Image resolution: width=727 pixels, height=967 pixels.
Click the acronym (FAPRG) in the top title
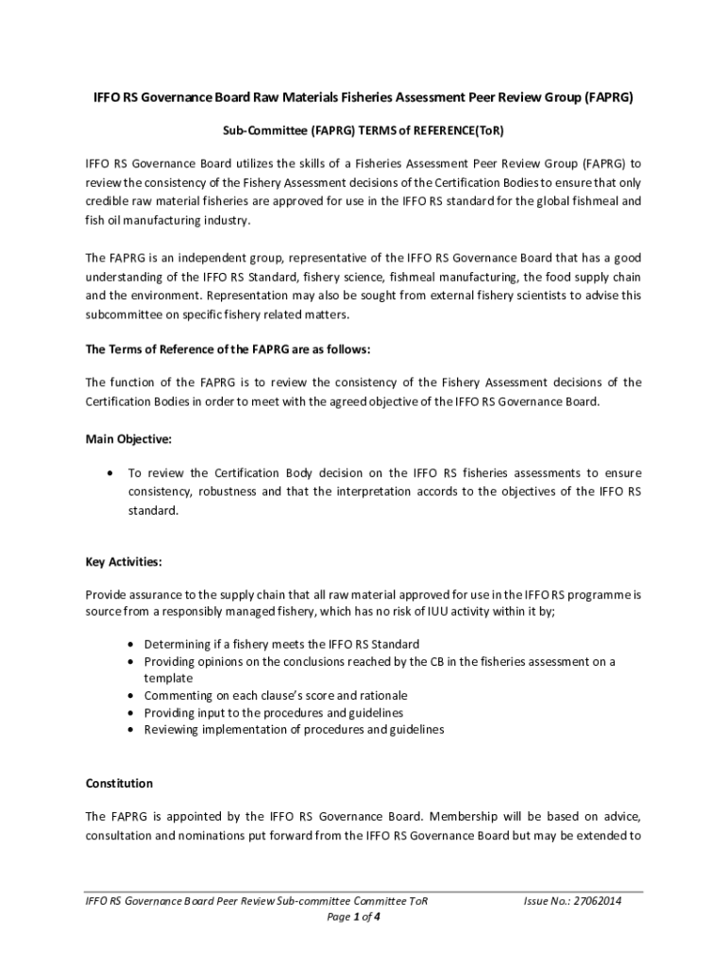click(x=606, y=98)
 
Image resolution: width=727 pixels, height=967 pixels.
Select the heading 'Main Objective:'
click(x=128, y=439)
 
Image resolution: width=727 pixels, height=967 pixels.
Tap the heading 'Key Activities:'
click(x=124, y=562)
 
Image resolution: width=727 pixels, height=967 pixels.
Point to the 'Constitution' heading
click(x=119, y=784)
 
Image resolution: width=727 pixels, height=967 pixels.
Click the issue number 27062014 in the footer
click(x=594, y=901)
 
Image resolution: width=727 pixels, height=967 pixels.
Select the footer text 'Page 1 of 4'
click(x=353, y=917)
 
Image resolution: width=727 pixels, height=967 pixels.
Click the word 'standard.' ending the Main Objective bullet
click(x=153, y=511)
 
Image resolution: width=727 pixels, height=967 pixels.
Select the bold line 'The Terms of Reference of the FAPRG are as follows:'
click(x=228, y=349)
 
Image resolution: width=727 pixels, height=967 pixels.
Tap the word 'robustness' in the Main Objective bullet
click(x=228, y=492)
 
